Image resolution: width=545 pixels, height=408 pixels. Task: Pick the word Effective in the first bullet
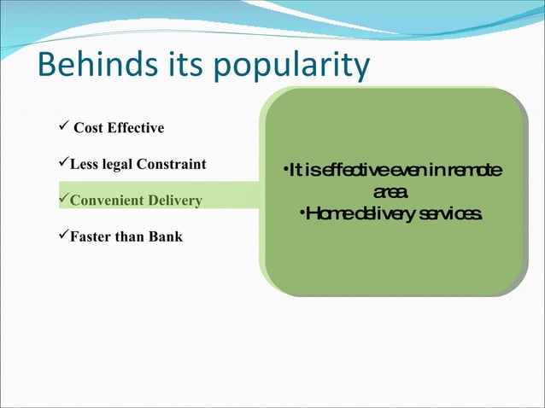pos(135,129)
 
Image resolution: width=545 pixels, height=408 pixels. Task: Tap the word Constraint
pos(174,164)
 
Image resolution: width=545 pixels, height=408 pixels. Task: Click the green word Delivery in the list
pos(173,201)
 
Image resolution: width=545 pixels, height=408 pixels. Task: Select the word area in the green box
pos(391,191)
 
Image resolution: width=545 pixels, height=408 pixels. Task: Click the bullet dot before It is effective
pos(284,172)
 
